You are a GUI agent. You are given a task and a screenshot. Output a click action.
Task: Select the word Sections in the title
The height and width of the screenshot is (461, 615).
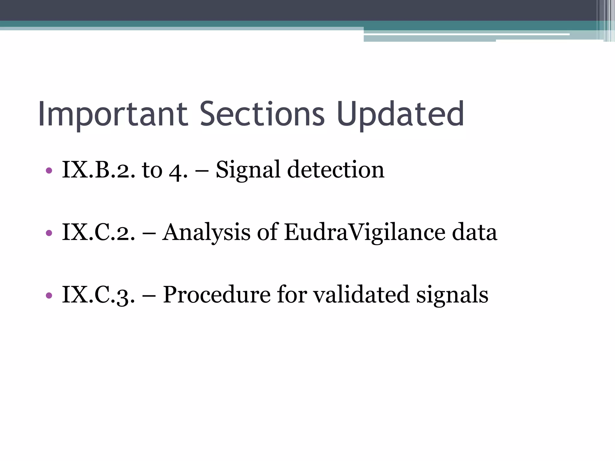tap(262, 114)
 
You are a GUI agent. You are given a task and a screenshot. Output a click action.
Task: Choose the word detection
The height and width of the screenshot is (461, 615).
tap(335, 170)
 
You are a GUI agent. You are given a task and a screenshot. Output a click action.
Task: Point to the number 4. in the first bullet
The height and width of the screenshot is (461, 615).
tap(178, 171)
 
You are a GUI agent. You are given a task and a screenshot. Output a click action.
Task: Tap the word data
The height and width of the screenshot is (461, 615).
tap(474, 232)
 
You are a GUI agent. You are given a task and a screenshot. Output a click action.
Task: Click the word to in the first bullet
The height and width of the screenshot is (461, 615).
tap(152, 170)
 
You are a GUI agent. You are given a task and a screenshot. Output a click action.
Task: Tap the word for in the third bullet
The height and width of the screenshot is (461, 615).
tap(292, 295)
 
